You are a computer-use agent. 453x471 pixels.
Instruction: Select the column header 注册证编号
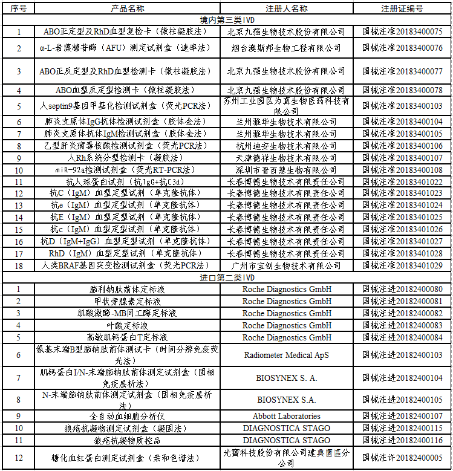(402, 8)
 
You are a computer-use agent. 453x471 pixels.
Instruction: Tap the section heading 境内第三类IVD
(227, 20)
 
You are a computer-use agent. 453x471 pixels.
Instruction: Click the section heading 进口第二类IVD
(227, 278)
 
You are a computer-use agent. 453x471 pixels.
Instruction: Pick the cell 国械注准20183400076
(402, 48)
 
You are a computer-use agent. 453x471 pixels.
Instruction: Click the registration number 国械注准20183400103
(402, 106)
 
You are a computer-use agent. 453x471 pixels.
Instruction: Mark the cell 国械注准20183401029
(402, 265)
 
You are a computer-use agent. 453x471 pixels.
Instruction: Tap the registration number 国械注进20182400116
(402, 440)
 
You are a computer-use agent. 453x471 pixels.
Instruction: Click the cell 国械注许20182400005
(402, 458)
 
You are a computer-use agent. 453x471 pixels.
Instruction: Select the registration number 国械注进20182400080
(402, 289)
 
